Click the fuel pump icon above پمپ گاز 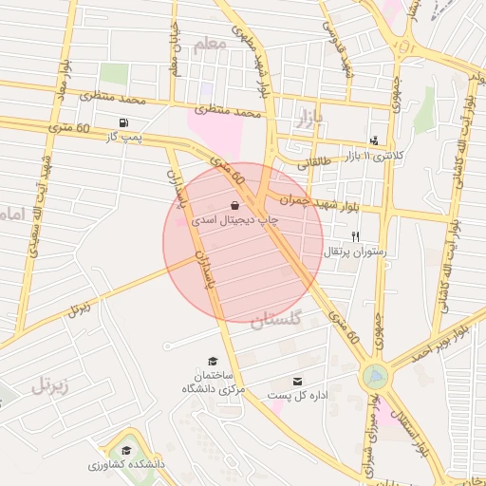[123, 122]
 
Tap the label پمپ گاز [123, 139]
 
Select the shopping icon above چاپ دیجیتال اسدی [234, 205]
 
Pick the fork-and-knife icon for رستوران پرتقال [356, 235]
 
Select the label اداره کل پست [297, 395]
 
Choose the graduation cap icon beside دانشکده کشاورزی [126, 450]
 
